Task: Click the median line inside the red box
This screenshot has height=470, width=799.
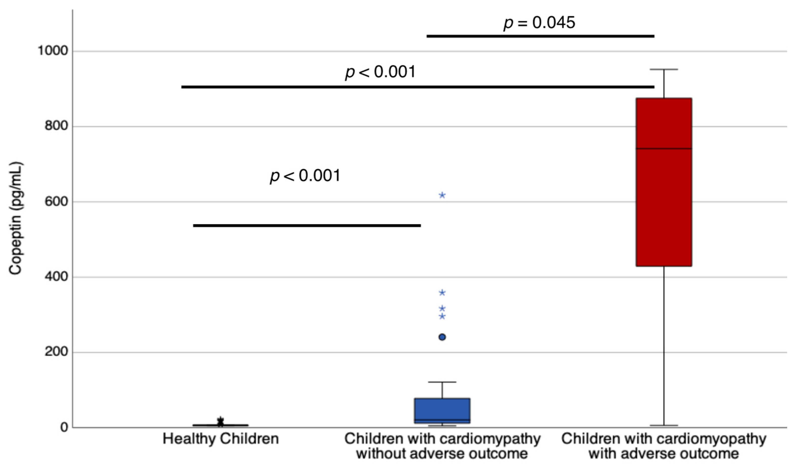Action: (664, 148)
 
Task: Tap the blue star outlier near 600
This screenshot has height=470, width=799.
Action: (442, 195)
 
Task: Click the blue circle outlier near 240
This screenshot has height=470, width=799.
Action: (442, 337)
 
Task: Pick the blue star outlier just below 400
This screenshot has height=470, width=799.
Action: (442, 292)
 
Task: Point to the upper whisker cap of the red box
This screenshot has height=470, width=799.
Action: (664, 69)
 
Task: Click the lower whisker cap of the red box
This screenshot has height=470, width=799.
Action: (664, 425)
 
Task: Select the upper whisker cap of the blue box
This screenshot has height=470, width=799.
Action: (442, 382)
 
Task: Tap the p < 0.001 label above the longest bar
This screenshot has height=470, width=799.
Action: (380, 72)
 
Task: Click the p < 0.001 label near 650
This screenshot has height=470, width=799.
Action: (305, 176)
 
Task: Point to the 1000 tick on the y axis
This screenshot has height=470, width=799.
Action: (53, 51)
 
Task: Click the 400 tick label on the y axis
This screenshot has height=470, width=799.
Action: (56, 277)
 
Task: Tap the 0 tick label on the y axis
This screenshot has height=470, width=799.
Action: (64, 427)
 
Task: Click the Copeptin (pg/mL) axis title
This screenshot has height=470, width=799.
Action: (15, 218)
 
